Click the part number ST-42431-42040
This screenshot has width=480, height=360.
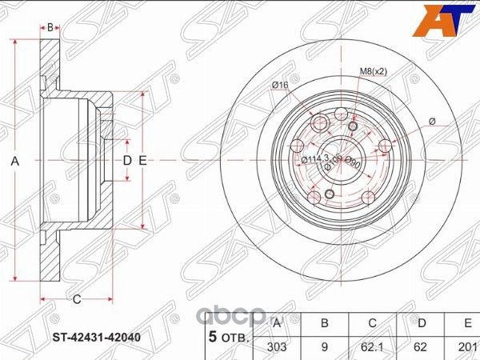point(95,337)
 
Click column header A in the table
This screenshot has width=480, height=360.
point(277,323)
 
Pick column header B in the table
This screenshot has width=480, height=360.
point(325,323)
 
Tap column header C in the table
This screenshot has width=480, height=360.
point(373,323)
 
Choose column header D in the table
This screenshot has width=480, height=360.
point(421,323)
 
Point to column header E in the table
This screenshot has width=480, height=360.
point(466,323)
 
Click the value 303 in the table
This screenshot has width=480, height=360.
point(277,348)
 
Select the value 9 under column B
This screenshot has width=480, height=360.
point(325,348)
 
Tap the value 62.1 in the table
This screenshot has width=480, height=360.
point(373,348)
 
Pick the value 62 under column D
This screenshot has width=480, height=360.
point(421,348)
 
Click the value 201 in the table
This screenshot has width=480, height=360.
point(466,348)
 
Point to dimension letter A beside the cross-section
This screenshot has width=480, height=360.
point(14,161)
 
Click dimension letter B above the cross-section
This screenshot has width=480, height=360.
point(50,27)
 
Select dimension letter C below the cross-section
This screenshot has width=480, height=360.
point(76,300)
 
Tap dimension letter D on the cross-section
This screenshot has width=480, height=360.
point(126,161)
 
